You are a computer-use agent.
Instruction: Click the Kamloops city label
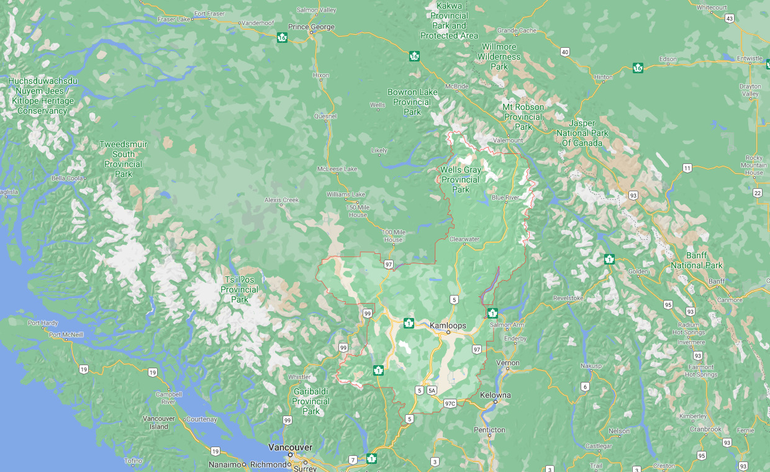click(x=448, y=325)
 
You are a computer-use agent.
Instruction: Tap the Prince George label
click(x=311, y=27)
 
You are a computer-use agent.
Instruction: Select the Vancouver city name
click(x=290, y=447)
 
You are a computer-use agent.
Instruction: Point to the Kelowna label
click(x=495, y=395)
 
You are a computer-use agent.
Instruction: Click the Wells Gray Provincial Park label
click(x=460, y=179)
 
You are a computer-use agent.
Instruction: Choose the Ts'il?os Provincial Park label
click(x=240, y=290)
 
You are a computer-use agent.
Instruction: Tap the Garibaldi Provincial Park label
click(x=311, y=402)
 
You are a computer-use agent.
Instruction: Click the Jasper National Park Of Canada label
click(x=582, y=133)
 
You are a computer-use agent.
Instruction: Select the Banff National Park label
click(x=696, y=260)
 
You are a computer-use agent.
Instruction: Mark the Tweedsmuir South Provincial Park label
click(x=124, y=159)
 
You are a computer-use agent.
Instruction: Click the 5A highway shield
click(x=432, y=390)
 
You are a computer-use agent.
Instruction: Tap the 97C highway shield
click(x=450, y=403)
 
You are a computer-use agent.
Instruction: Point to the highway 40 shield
click(x=564, y=52)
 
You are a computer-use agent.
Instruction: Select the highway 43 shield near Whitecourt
click(x=730, y=19)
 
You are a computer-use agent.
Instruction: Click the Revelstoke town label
click(x=569, y=298)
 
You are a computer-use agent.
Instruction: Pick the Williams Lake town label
click(x=346, y=194)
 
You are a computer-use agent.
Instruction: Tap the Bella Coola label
click(x=67, y=178)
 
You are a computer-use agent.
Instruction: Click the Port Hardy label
click(x=42, y=323)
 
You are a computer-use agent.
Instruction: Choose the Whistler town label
click(x=299, y=377)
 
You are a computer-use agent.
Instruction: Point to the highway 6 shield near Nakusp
click(x=584, y=387)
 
